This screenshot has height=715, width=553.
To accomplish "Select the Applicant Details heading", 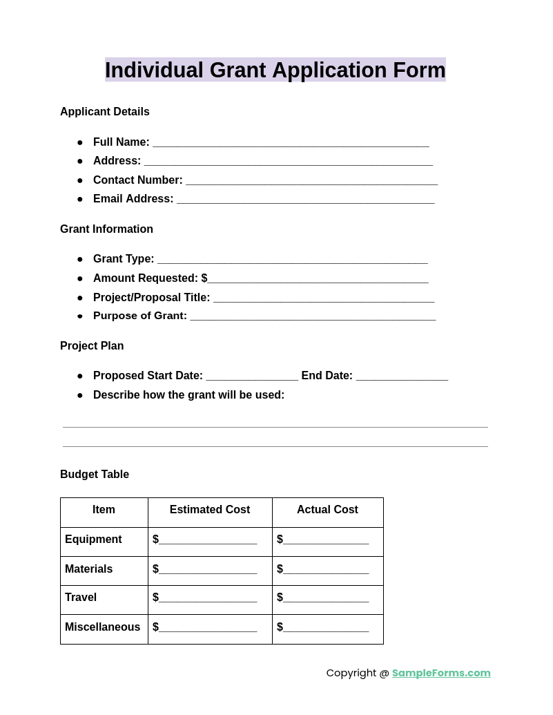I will (105, 112).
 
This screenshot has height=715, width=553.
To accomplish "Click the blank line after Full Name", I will (291, 143).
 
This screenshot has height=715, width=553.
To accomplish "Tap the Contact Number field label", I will (137, 180).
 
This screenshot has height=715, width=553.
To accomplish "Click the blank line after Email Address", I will (305, 200).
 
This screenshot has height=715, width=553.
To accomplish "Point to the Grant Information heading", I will (106, 229).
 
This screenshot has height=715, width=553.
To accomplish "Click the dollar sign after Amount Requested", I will (204, 278).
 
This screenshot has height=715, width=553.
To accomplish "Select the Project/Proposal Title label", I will (151, 298).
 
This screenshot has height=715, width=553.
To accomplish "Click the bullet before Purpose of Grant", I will (80, 316).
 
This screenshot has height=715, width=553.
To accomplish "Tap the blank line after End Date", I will (402, 376).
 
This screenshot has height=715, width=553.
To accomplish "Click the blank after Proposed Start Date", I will (252, 376).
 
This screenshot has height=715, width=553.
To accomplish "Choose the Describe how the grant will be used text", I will (188, 395).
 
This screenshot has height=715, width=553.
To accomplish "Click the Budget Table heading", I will (95, 475).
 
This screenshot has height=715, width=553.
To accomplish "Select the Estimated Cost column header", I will (210, 510).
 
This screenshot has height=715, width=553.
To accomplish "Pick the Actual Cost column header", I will (327, 510).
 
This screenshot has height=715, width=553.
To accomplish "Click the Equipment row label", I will (93, 540).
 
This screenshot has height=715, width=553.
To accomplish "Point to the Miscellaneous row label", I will (102, 627).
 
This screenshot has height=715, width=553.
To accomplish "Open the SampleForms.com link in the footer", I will (441, 673).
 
